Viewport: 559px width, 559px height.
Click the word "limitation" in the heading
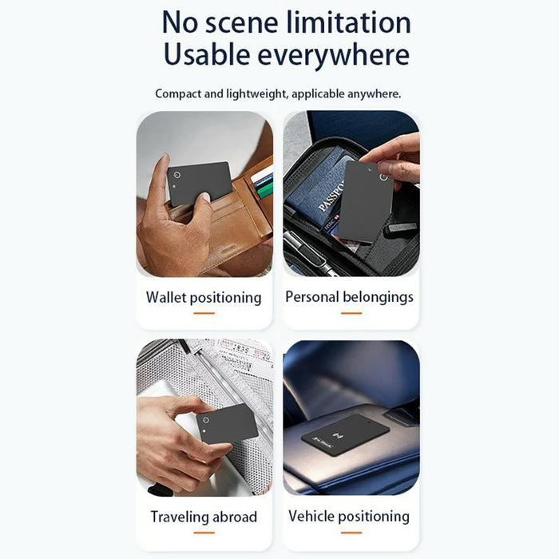point(349,22)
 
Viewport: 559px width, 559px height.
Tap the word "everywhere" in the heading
point(333,54)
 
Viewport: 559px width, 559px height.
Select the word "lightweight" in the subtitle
point(256,93)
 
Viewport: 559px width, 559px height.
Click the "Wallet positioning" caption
point(204,297)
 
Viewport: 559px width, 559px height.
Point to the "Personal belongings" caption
point(350,297)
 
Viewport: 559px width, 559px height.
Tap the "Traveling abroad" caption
point(204,517)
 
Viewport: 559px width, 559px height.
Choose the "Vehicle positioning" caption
point(349,516)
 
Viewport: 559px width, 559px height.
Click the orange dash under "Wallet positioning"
point(204,313)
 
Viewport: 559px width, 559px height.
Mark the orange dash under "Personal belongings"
point(351,313)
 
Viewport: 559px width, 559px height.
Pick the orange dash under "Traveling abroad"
point(204,533)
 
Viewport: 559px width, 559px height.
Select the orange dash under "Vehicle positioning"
point(351,533)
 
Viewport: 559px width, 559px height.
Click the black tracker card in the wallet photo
point(200,183)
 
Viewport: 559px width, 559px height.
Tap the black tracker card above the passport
point(366,201)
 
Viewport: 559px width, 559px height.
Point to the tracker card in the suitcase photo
point(227,423)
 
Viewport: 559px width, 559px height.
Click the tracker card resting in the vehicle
point(345,435)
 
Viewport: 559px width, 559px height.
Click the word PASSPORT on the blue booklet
point(331,196)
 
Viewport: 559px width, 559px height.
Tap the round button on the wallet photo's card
point(176,175)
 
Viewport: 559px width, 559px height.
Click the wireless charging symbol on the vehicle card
point(336,435)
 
